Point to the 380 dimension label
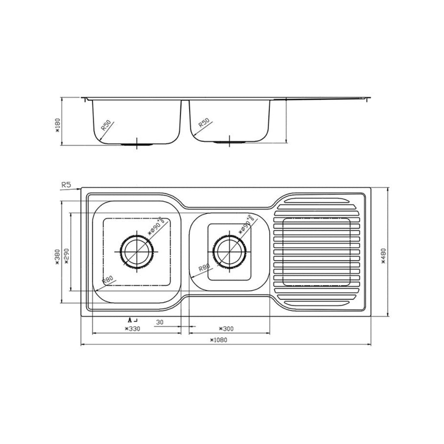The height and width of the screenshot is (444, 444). coord(58,257)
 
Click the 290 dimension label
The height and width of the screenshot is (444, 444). coord(66,257)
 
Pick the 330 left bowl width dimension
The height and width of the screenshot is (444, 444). coord(133,329)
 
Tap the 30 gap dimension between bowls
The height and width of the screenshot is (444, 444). coord(160,322)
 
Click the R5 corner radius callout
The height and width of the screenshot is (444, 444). coord(66,185)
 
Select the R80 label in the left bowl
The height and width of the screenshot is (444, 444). coord(108,280)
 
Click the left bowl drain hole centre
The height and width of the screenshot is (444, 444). coord(137,251)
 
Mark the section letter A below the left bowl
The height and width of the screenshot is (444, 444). coord(130,320)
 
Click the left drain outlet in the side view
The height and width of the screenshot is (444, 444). coord(137,144)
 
